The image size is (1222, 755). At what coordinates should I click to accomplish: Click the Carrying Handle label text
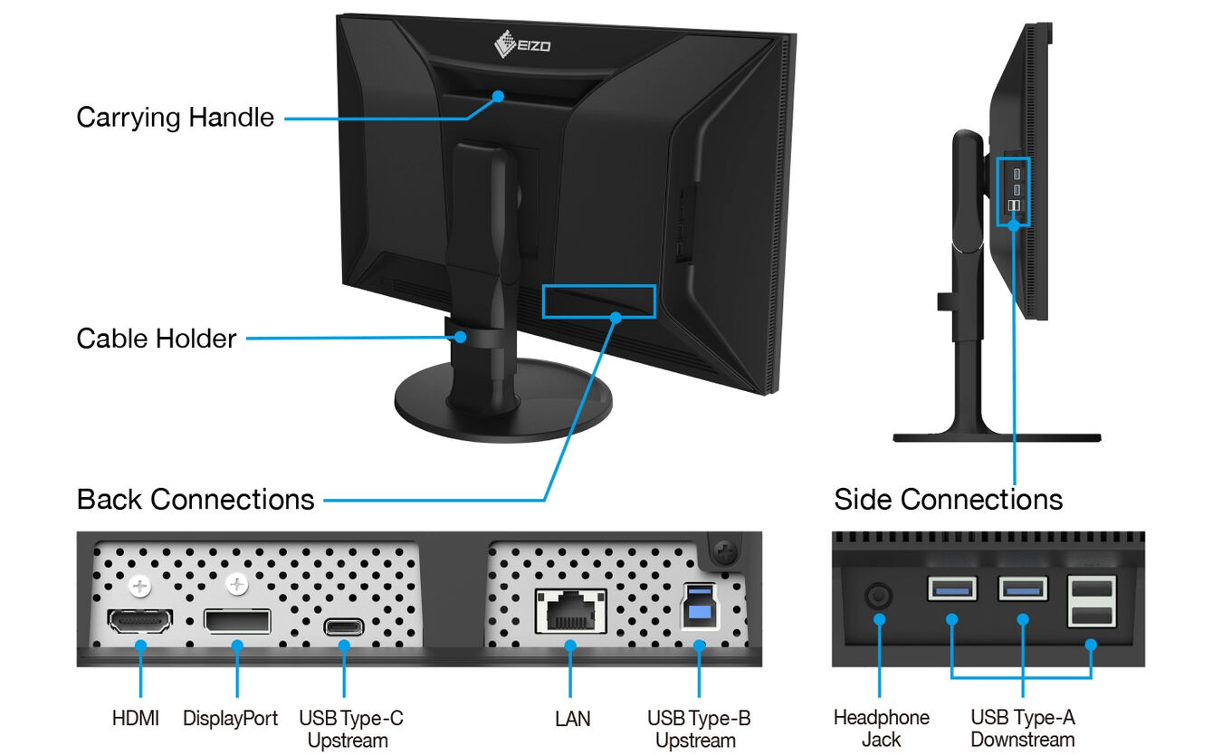tap(175, 118)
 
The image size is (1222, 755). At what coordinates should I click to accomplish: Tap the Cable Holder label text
tap(156, 339)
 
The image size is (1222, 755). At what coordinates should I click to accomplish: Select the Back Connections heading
tap(196, 499)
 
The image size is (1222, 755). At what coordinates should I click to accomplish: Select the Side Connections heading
tap(948, 499)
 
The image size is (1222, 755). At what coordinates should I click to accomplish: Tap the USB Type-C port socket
tap(344, 626)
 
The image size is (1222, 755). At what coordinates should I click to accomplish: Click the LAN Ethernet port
tap(570, 612)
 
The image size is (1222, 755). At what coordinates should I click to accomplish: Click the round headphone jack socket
tap(879, 597)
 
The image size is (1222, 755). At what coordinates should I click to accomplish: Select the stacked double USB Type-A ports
tap(1091, 602)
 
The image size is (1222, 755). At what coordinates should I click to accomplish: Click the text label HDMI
tap(136, 719)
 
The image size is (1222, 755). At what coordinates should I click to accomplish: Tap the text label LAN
tap(572, 719)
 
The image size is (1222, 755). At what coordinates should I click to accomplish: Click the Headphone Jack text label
tap(881, 728)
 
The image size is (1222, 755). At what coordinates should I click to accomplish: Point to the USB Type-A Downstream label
tap(1022, 728)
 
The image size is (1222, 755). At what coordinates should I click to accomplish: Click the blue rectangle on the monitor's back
tap(598, 301)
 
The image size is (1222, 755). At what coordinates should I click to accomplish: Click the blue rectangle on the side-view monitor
tap(1014, 191)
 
